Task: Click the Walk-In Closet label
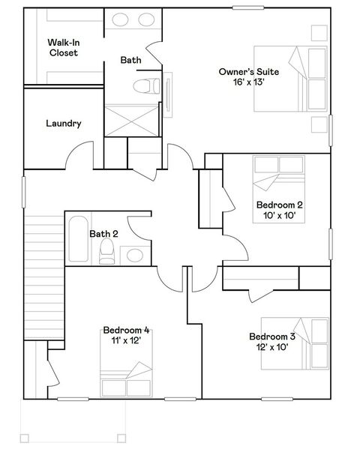coord(63,47)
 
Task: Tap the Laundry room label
coord(63,124)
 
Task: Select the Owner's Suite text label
coord(248,72)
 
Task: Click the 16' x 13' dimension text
coord(248,82)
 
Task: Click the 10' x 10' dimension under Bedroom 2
coord(279,215)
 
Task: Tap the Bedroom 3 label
coord(271,337)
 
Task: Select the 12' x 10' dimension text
coord(271,347)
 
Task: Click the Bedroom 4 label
coord(126,330)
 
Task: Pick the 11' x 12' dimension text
coord(126,340)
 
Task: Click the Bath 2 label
coord(103,234)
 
